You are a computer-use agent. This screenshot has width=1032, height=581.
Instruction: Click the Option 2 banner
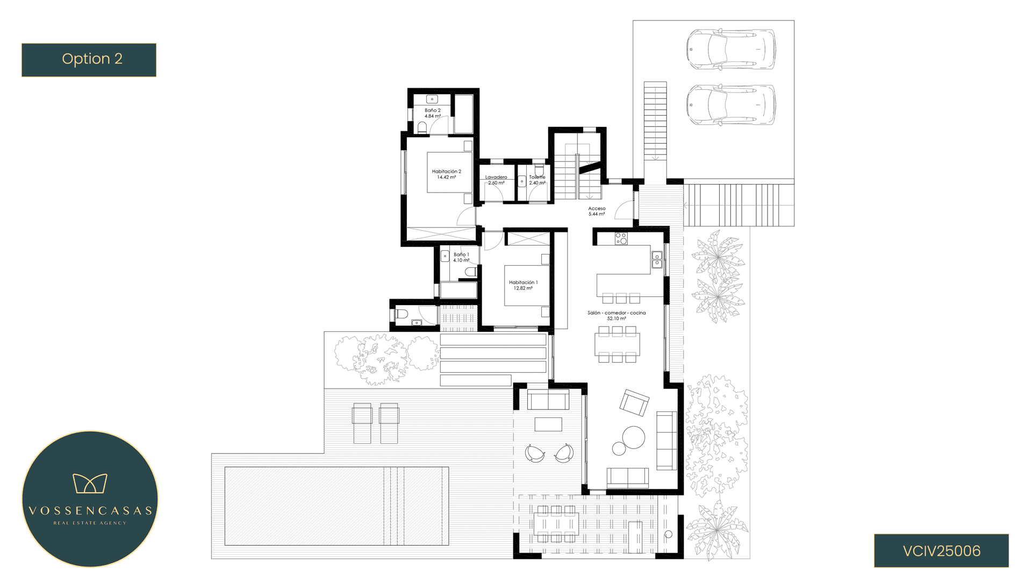(x=89, y=60)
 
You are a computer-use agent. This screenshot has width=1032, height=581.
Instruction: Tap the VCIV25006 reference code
(x=941, y=551)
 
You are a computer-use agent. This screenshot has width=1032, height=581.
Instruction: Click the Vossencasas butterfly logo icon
(x=90, y=483)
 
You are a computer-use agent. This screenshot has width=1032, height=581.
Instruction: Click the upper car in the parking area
(x=731, y=49)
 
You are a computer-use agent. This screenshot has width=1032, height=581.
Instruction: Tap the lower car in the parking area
(x=731, y=105)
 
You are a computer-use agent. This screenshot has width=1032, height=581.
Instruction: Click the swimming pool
(x=336, y=506)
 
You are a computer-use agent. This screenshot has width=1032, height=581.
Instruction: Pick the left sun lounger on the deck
(x=362, y=423)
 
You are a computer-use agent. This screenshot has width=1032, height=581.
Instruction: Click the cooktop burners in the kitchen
(x=621, y=238)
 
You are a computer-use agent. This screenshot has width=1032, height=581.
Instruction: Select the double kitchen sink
(x=657, y=260)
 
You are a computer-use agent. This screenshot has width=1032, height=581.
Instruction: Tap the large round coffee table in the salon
(x=633, y=437)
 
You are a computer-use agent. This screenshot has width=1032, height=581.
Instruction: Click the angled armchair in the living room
(x=634, y=402)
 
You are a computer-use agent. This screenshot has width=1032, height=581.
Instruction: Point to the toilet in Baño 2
(x=422, y=127)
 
